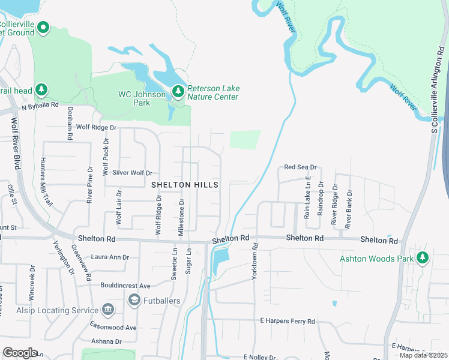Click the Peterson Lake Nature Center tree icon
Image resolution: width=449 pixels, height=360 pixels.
point(178,92)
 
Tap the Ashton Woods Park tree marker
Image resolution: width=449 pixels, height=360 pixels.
point(423,258)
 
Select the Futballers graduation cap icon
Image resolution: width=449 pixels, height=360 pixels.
point(134,299)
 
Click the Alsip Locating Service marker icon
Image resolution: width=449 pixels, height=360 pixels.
point(108,310)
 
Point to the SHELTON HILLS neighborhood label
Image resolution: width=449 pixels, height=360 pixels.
point(184,185)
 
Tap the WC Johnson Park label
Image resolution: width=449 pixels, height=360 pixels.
point(142,98)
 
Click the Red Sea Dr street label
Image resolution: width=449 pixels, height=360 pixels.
point(300,167)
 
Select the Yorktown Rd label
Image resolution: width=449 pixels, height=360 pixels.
point(255,255)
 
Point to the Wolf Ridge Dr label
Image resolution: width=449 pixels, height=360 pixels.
point(96,128)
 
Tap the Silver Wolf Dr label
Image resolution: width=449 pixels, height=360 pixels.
point(133,173)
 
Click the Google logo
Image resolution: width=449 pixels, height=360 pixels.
point(20,352)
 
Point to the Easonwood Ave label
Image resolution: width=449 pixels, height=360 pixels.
point(114,328)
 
